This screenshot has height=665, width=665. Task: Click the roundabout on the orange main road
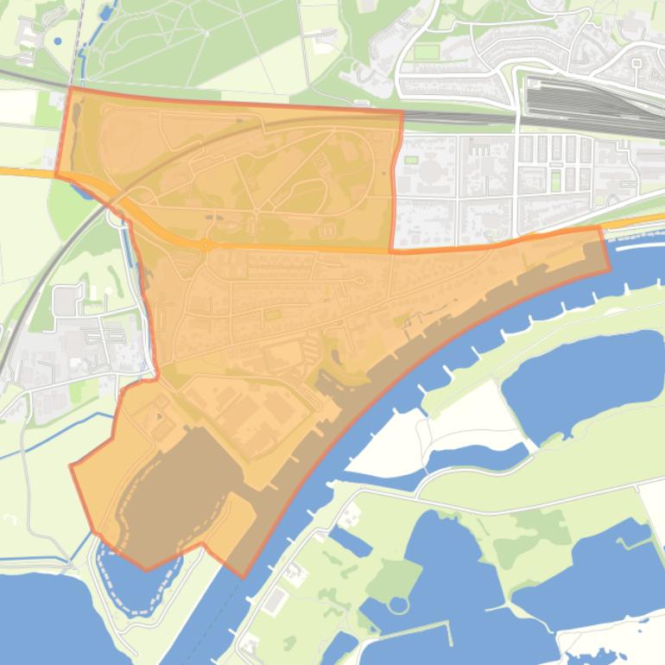click(x=206, y=244)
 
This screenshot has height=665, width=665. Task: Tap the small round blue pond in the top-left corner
click(x=58, y=41)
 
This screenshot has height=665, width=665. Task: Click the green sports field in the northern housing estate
click(x=426, y=52)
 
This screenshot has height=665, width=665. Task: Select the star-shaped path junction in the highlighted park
click(x=256, y=211)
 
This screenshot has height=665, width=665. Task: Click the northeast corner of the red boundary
click(x=402, y=111)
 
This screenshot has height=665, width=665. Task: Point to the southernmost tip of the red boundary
click(x=241, y=577)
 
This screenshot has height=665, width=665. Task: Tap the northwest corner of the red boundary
click(x=69, y=88)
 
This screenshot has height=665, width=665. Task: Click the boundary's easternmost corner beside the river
click(x=609, y=269)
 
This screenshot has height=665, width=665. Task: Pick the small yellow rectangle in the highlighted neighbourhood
click(x=273, y=316)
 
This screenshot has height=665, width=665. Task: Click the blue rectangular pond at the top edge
click(x=105, y=12)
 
